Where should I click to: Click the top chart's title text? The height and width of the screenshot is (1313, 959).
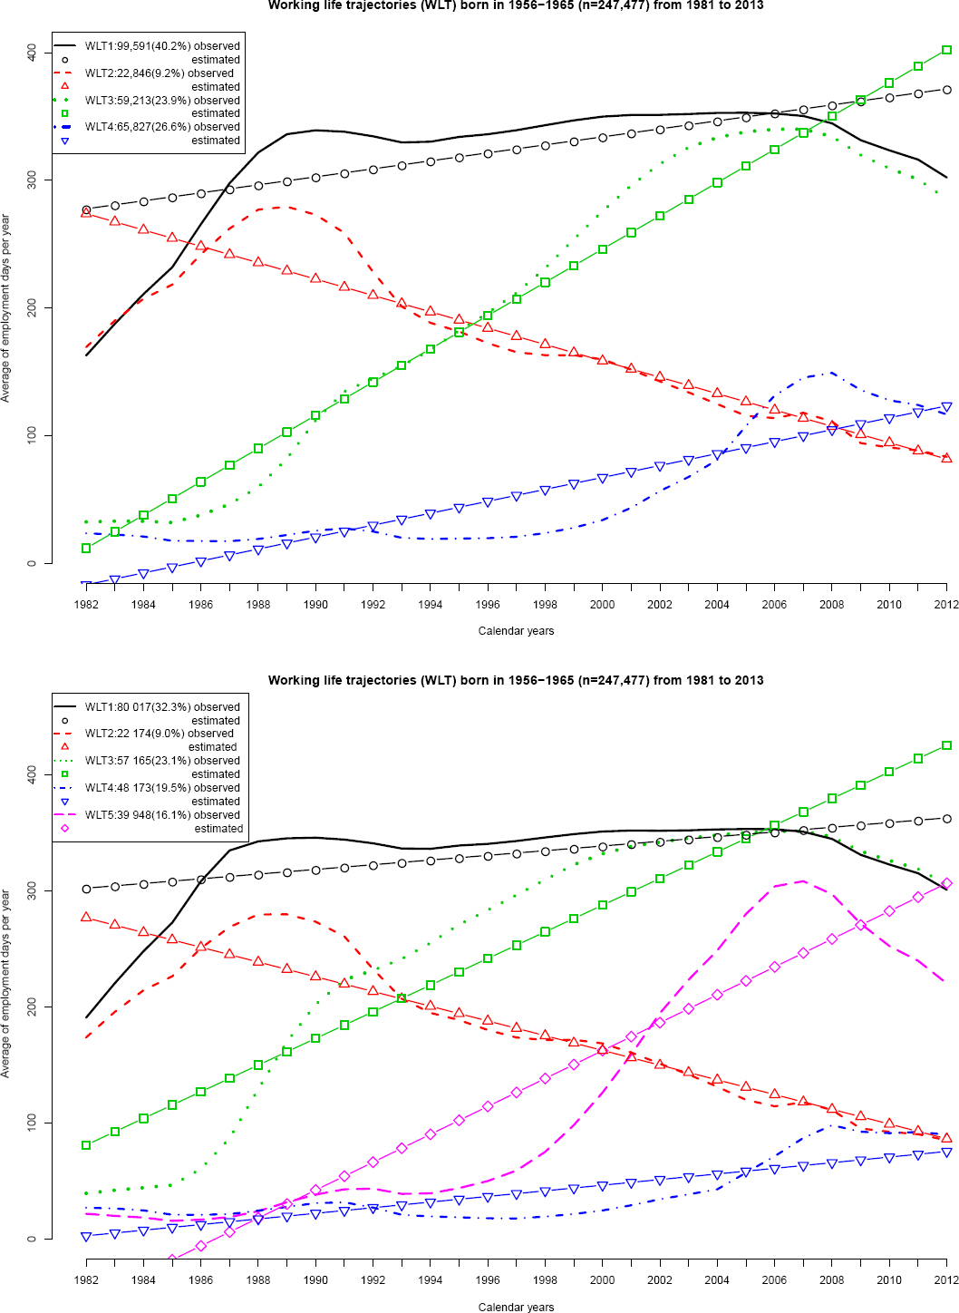click(x=516, y=5)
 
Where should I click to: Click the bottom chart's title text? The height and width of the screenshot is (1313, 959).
click(x=516, y=680)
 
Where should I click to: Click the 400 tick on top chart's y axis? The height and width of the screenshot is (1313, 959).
click(x=32, y=53)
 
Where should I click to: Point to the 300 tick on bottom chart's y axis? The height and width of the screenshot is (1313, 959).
click(x=32, y=890)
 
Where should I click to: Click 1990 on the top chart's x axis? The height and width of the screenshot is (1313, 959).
click(x=315, y=605)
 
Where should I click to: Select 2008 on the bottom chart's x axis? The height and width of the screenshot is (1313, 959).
click(x=831, y=1280)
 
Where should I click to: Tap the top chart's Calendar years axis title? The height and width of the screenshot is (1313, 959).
click(x=516, y=631)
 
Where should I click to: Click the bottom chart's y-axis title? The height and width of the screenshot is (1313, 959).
click(x=6, y=984)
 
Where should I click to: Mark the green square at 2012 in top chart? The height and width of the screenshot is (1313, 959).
click(x=946, y=50)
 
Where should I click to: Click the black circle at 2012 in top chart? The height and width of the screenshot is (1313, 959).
click(x=946, y=90)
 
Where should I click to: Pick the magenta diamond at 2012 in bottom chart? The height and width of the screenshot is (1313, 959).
click(x=946, y=883)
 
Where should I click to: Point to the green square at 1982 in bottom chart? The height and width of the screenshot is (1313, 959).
click(x=86, y=1145)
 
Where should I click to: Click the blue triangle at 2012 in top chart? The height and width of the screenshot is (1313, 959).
click(x=946, y=407)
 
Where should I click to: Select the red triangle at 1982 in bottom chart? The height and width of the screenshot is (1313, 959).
click(x=86, y=917)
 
